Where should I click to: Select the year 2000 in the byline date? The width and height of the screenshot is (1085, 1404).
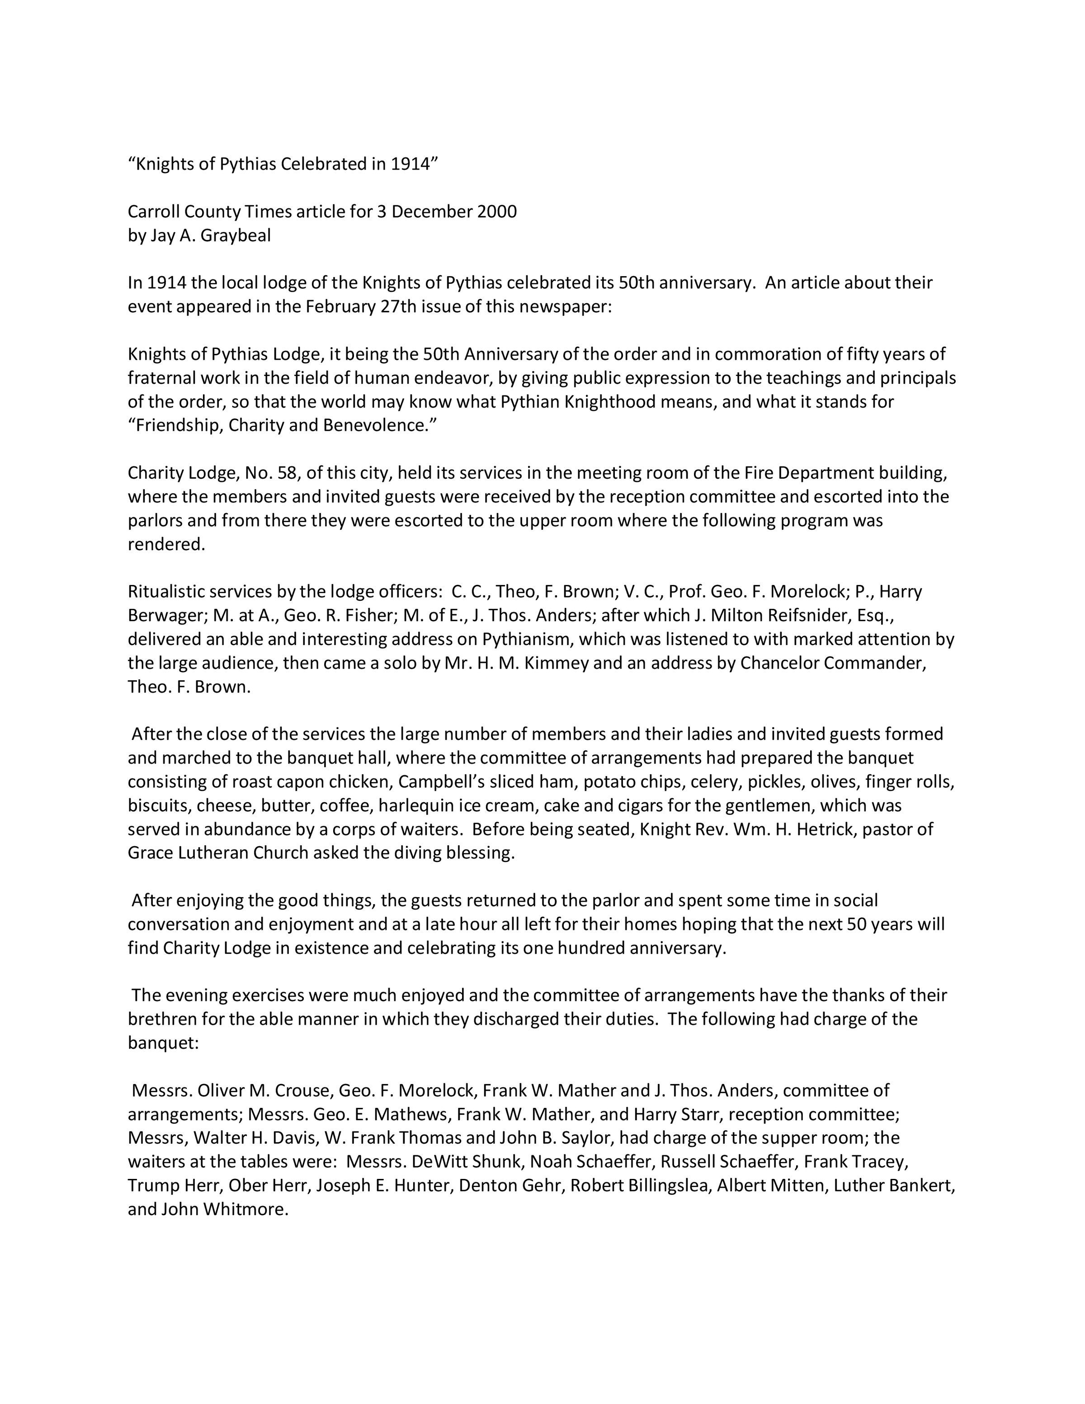(497, 212)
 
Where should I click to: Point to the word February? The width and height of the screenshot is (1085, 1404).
(340, 306)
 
